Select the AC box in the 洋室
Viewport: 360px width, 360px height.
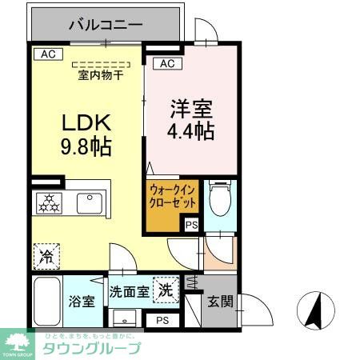pyautogui.click(x=166, y=63)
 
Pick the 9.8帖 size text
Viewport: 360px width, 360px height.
pyautogui.click(x=86, y=147)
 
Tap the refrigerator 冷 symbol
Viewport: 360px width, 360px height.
pyautogui.click(x=46, y=258)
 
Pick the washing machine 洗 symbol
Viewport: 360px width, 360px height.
pyautogui.click(x=167, y=289)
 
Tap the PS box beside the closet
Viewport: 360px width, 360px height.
pyautogui.click(x=191, y=226)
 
